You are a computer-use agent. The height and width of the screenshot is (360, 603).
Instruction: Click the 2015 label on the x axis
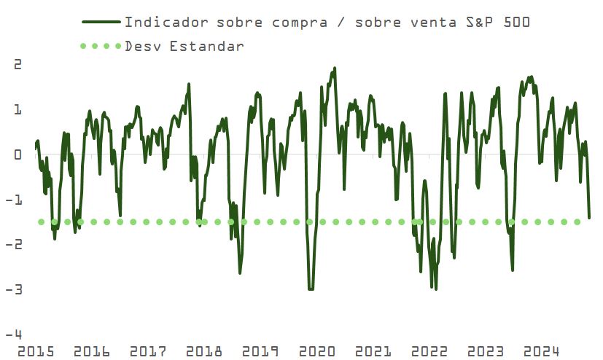36,352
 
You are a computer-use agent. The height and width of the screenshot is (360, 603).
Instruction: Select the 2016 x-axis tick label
92,352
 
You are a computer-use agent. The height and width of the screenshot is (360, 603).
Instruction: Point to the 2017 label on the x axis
148,352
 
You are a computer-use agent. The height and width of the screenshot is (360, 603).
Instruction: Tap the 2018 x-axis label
204,352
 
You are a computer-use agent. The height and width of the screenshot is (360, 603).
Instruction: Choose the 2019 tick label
260,352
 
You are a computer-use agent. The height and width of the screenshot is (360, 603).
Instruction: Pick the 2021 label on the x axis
373,352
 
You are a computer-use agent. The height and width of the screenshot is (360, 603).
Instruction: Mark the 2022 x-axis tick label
430,352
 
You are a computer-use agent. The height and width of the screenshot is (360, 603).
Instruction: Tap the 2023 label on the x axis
486,352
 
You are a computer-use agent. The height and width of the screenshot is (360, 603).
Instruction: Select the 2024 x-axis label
542,352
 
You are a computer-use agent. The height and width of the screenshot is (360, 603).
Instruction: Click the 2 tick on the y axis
18,64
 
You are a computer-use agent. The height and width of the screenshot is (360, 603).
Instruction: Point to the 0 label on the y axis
18,154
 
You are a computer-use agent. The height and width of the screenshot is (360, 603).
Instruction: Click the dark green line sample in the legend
100,22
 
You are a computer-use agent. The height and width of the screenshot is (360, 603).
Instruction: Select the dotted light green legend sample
100,46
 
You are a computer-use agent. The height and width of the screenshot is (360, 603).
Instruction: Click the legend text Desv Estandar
184,46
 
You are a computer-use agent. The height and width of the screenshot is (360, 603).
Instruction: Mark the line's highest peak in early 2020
334,69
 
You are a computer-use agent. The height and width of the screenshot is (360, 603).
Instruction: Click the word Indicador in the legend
160,22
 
